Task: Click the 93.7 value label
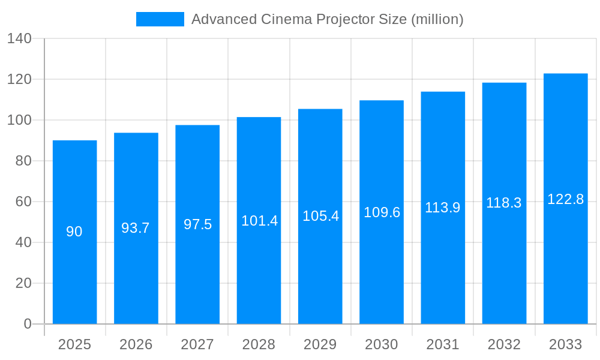[x=136, y=228]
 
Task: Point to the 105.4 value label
[x=320, y=216]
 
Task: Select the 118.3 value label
[x=504, y=203]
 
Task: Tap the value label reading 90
[x=74, y=232]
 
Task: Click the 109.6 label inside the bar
[x=382, y=212]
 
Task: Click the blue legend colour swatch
[x=160, y=19]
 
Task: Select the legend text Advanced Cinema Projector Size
[x=327, y=19]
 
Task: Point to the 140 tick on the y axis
[x=19, y=38]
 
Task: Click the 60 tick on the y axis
[x=23, y=202]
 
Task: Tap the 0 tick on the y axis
[x=28, y=324]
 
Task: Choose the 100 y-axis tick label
[x=19, y=120]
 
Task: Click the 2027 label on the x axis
[x=197, y=344]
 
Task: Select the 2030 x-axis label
[x=382, y=344]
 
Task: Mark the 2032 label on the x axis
[x=504, y=344]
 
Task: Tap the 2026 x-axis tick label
[x=136, y=344]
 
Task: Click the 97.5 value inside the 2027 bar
[x=197, y=224]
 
